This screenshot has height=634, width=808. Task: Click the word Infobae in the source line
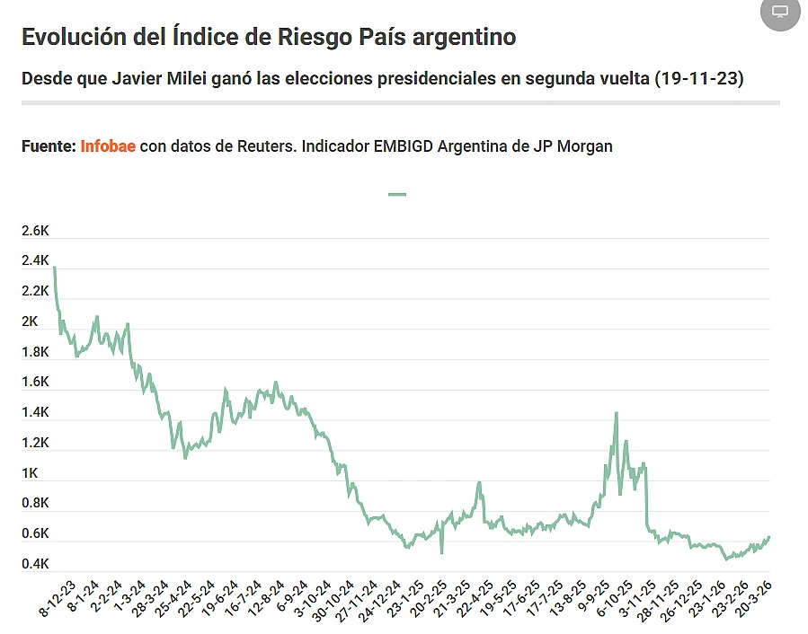108,145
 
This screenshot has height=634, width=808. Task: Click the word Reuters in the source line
261,145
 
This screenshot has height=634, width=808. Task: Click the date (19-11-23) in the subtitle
699,79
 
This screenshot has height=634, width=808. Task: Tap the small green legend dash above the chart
396,194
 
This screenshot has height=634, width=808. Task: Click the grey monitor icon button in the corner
780,12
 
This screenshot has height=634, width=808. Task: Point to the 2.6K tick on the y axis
35,231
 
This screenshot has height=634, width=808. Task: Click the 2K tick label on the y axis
30,321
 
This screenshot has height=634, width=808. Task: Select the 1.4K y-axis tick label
35,413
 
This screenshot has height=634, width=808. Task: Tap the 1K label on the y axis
30,473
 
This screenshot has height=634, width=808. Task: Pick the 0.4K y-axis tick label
35,564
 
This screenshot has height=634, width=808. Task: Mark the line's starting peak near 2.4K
55,267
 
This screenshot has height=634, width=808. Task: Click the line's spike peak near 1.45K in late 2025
616,413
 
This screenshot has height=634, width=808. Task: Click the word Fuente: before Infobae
48,145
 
